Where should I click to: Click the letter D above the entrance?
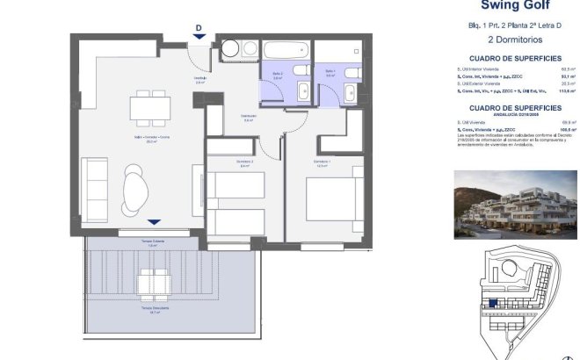(x=199, y=27)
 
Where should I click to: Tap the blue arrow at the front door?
(x=199, y=37)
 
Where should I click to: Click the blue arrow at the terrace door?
(x=155, y=223)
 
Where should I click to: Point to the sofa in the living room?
(x=95, y=188)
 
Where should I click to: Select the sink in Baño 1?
(x=350, y=92)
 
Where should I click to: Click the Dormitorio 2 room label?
(x=221, y=162)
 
